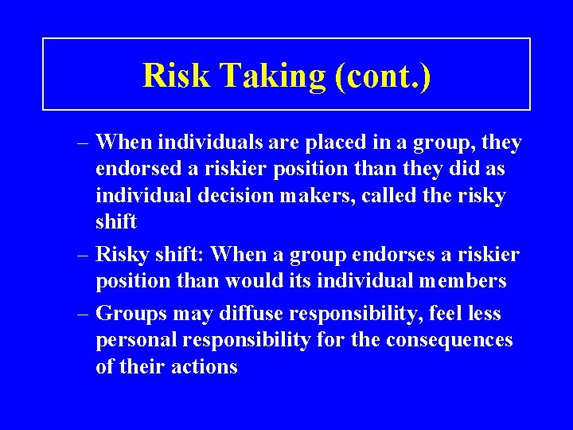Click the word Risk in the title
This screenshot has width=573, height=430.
(x=176, y=76)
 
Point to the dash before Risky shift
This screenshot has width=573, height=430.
(x=83, y=256)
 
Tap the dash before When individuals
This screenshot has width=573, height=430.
(x=83, y=144)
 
